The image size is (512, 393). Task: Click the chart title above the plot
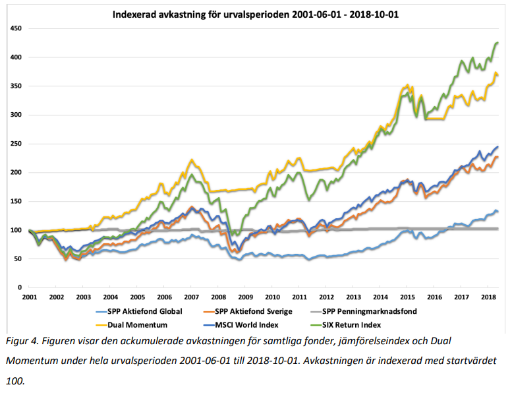point(256,14)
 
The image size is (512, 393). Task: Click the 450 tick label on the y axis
point(15,29)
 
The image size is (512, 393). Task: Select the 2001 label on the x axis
point(29,298)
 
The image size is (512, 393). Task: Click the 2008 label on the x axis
point(219,298)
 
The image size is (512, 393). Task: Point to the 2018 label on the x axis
point(489,298)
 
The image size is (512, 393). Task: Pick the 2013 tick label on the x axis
point(354,298)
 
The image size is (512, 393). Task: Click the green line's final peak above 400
point(496,43)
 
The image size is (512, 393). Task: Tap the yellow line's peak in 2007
point(191,160)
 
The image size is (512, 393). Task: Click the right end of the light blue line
point(498,211)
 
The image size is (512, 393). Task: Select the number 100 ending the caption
point(14,380)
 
